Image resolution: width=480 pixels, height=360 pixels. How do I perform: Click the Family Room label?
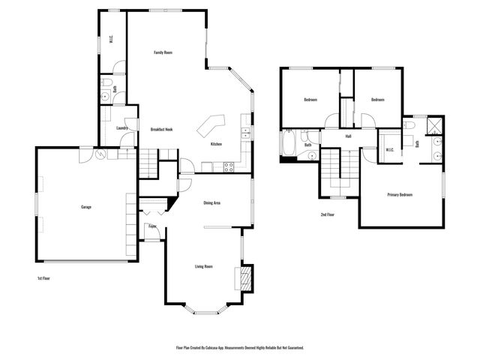163,52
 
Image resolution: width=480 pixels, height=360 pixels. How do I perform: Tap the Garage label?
86,207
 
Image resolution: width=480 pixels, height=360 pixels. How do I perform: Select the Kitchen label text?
216,144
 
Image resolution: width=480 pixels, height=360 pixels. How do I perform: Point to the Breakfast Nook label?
161,128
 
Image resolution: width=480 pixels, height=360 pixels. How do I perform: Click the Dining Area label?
211,202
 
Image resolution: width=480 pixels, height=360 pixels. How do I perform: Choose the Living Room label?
204,266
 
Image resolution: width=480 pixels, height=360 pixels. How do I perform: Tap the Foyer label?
152,226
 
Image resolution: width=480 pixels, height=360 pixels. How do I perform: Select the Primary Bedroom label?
400,195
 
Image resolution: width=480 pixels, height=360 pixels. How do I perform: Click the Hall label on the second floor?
349,136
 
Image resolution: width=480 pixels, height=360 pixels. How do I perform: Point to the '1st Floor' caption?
44,277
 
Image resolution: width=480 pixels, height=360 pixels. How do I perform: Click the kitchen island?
211,124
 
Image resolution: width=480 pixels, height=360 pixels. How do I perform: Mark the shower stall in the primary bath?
434,124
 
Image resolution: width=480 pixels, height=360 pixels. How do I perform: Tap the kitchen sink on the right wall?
244,134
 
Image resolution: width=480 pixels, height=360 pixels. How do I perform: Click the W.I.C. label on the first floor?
111,41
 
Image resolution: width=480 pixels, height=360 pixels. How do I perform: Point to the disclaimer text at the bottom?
239,348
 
